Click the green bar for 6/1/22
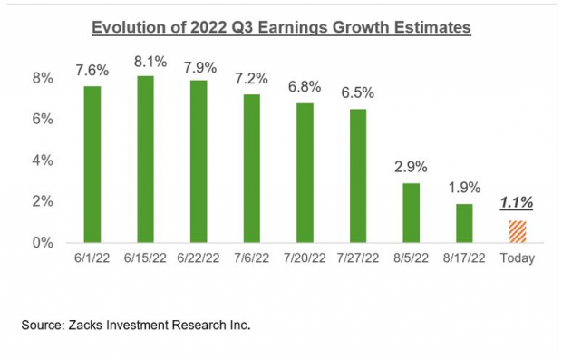pos(92,164)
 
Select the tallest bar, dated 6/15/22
pos(145,159)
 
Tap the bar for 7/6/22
pos(251,168)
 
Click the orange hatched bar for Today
pos(517,231)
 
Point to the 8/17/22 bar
pos(464,223)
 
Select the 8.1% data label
pos(145,62)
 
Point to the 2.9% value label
pos(411,169)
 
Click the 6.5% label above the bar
pos(357,94)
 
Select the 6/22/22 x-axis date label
pos(198,258)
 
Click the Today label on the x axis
pos(517,258)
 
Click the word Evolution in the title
pos(123,28)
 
